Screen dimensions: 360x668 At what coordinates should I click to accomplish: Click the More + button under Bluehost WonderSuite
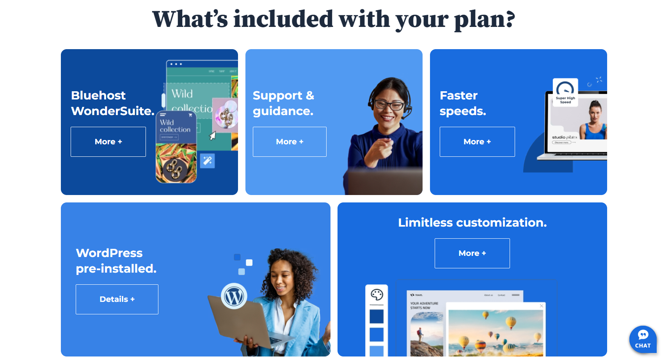(x=108, y=142)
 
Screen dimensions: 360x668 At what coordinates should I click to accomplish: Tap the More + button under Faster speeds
(x=477, y=142)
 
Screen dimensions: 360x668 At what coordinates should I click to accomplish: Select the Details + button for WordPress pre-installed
(x=117, y=299)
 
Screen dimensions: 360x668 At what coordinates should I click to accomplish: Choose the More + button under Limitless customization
(x=472, y=253)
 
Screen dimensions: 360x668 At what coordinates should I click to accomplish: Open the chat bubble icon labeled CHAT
(x=642, y=339)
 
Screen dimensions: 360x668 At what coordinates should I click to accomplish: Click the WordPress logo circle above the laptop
(x=234, y=296)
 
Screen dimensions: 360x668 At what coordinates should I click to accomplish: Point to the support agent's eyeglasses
(x=389, y=105)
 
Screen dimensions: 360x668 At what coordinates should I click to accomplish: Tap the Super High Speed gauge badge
(x=565, y=92)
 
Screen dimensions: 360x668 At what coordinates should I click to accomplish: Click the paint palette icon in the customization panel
(x=377, y=294)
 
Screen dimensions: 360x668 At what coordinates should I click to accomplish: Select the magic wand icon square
(x=208, y=160)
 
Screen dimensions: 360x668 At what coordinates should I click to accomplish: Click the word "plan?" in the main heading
(x=484, y=20)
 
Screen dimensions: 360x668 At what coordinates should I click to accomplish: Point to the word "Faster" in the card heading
(x=458, y=96)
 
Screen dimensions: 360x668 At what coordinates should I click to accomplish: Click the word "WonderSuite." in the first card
(x=112, y=111)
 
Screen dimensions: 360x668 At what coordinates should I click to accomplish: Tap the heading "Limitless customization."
(x=472, y=223)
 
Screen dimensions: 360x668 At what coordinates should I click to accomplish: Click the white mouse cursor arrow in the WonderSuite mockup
(x=213, y=136)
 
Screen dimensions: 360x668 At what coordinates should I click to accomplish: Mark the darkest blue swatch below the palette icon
(x=377, y=316)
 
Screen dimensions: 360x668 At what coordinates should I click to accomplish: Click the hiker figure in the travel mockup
(x=420, y=333)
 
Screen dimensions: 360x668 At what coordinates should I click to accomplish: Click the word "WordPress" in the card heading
(x=109, y=253)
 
